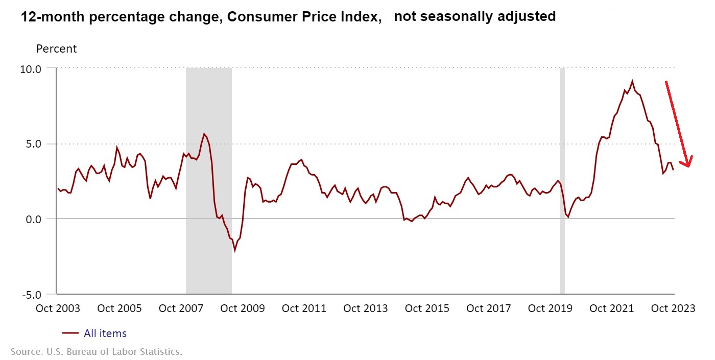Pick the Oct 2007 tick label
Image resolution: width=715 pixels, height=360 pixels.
pos(180,308)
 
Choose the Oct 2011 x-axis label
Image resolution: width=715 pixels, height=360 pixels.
pos(304,308)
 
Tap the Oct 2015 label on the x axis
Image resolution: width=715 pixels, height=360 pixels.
pos(427,308)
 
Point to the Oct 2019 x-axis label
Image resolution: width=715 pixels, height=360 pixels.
pos(551,308)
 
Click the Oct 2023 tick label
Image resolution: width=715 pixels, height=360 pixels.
pos(674,308)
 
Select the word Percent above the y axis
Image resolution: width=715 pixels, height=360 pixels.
pos(56,49)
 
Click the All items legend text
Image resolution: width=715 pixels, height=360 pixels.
pos(105,333)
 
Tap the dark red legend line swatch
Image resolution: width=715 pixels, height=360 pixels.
pos(70,333)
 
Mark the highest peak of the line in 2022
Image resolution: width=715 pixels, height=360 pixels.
pos(632,81)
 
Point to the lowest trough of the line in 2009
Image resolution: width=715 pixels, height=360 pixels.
pos(235,251)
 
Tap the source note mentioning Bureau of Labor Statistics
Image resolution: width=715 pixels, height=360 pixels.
pos(96,352)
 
